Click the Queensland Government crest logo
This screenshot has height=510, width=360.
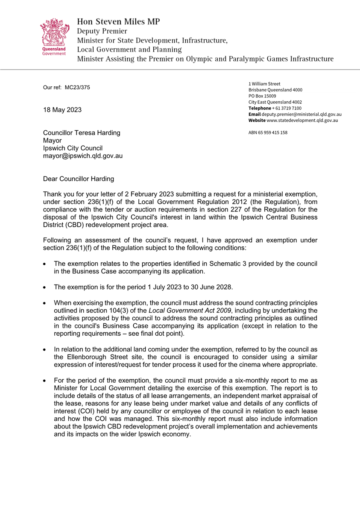pos(53,38)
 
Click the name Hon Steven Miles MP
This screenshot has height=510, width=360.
pos(119,21)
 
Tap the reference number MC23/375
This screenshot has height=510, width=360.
pos(77,88)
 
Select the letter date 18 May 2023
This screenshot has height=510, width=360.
pos(62,110)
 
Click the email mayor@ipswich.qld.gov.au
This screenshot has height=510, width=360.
pos(83,156)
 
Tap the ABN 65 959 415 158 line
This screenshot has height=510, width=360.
pos(268,132)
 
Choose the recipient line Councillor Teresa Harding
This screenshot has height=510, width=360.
pos(82,133)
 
